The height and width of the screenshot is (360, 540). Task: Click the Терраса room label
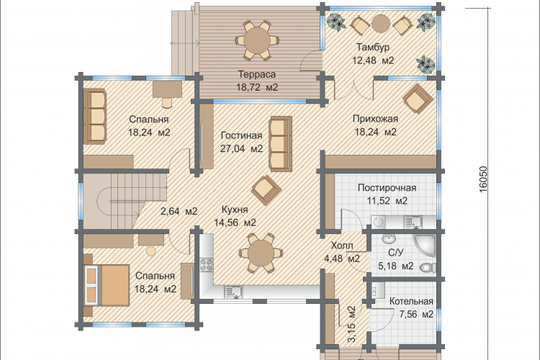(257, 74)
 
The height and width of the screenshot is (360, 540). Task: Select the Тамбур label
(373, 47)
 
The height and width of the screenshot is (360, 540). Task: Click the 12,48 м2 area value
(373, 60)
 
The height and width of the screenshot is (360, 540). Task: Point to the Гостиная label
(241, 135)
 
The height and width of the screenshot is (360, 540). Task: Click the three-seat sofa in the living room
(280, 144)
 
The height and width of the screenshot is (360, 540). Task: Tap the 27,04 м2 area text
(241, 149)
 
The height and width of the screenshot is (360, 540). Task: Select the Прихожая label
(375, 119)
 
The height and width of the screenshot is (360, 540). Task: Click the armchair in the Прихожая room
(418, 99)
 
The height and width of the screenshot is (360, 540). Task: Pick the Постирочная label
(387, 188)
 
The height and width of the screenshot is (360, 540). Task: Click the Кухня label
(235, 210)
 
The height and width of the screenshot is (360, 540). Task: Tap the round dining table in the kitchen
(261, 253)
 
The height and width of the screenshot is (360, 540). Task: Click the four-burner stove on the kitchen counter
(207, 265)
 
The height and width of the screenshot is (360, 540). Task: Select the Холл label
(341, 246)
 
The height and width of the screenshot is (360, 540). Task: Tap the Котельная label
(411, 302)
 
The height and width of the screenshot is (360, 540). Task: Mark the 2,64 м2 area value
(179, 211)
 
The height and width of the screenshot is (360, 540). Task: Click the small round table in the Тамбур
(381, 24)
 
